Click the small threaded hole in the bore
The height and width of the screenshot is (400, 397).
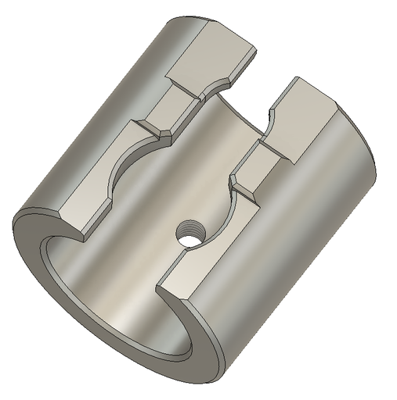pos(187,233)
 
